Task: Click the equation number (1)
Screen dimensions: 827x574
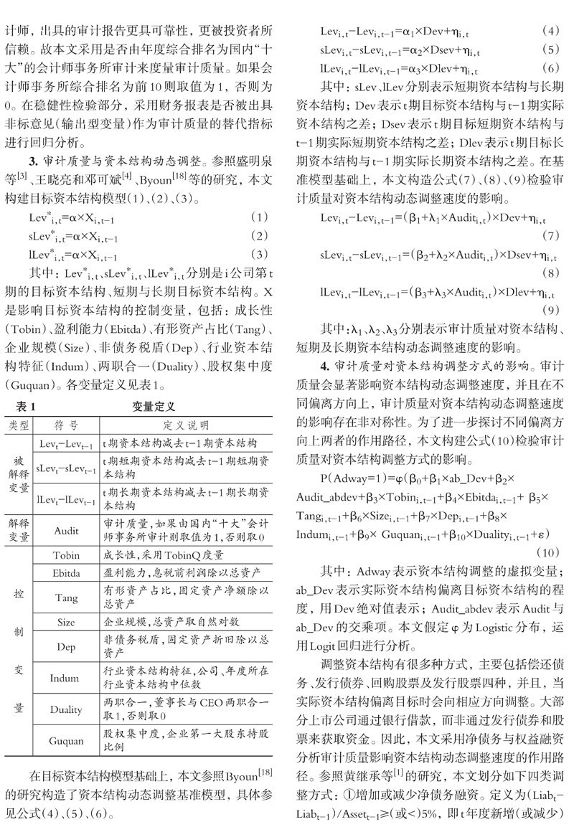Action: coord(263,216)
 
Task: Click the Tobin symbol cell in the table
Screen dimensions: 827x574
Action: coord(66,556)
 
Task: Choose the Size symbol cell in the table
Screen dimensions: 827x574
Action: coord(66,623)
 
